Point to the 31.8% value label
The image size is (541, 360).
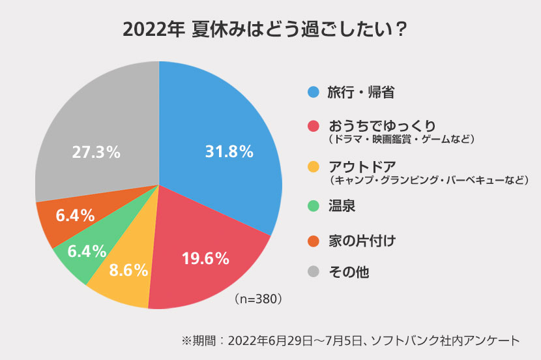(229, 152)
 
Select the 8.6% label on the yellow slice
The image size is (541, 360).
(128, 270)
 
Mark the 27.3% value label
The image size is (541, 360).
(96, 152)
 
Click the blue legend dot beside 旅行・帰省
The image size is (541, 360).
(313, 92)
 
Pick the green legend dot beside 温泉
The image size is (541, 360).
(313, 207)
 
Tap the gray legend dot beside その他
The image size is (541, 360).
(313, 271)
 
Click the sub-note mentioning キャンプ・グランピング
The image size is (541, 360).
(428, 179)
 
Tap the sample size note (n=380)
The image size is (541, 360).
(257, 299)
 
